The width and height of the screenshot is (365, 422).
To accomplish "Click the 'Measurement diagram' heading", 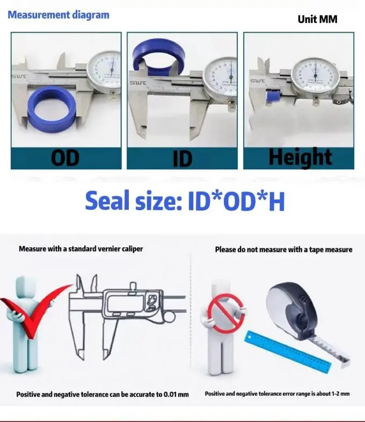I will [58, 15].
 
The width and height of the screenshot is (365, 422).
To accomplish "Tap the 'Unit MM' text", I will [317, 19].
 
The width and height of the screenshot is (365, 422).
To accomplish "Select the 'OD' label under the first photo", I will [65, 158].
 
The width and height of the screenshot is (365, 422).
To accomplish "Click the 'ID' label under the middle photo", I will [182, 160].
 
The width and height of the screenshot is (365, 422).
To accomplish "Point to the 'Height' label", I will [300, 157].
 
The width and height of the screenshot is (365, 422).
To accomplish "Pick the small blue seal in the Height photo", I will [272, 97].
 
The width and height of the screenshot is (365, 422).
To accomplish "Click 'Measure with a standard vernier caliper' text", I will [81, 249].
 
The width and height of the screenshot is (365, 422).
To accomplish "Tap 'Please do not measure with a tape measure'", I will [283, 249].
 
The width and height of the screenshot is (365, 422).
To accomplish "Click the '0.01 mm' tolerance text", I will [173, 395].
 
